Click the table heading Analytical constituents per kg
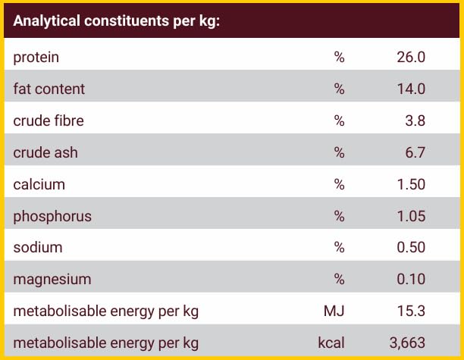116,20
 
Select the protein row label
36,58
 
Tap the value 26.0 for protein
411,58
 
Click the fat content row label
49,89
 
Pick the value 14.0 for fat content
411,89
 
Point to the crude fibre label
49,121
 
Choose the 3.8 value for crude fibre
415,121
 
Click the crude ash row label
45,152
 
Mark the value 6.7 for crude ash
415,152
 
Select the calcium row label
39,184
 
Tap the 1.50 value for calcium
411,184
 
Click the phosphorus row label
52,216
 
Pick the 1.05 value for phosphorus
411,216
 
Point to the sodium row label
38,248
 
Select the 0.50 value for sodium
411,248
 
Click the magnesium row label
52,280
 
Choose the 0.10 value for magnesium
411,280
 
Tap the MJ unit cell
334,311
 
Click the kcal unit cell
331,343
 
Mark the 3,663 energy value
407,343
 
